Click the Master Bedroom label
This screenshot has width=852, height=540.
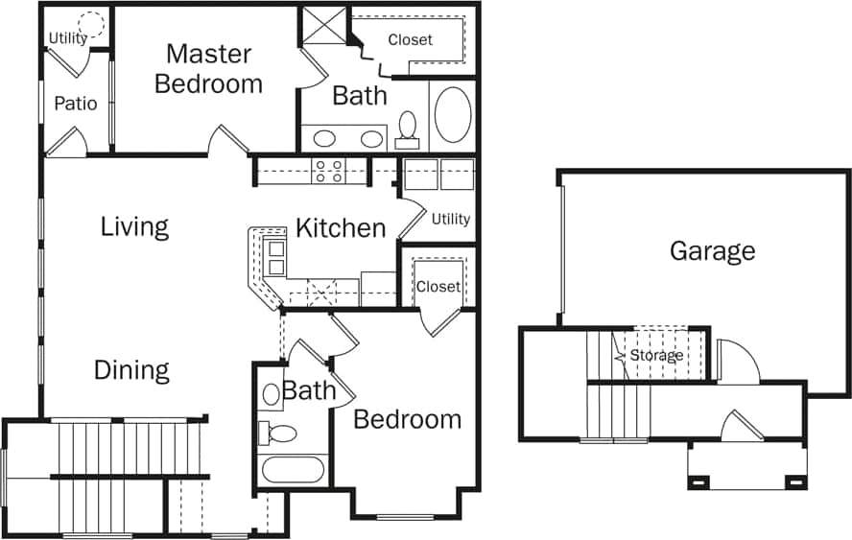208,68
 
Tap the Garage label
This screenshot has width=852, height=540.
712,251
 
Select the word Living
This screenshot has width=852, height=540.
134,227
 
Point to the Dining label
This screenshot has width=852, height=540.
131,370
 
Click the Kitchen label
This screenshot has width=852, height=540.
340,228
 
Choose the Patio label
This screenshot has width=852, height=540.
75,104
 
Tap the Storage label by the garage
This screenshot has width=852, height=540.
656,356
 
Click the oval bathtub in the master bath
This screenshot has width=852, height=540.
453,114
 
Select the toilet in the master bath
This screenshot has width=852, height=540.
408,128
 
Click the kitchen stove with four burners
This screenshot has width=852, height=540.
329,171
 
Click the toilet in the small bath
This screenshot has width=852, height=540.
278,433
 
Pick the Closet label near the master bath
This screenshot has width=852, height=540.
410,40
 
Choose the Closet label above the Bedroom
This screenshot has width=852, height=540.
438,287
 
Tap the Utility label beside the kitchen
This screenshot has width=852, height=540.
450,219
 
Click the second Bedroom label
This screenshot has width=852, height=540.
407,419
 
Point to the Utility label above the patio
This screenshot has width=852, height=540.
67,39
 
